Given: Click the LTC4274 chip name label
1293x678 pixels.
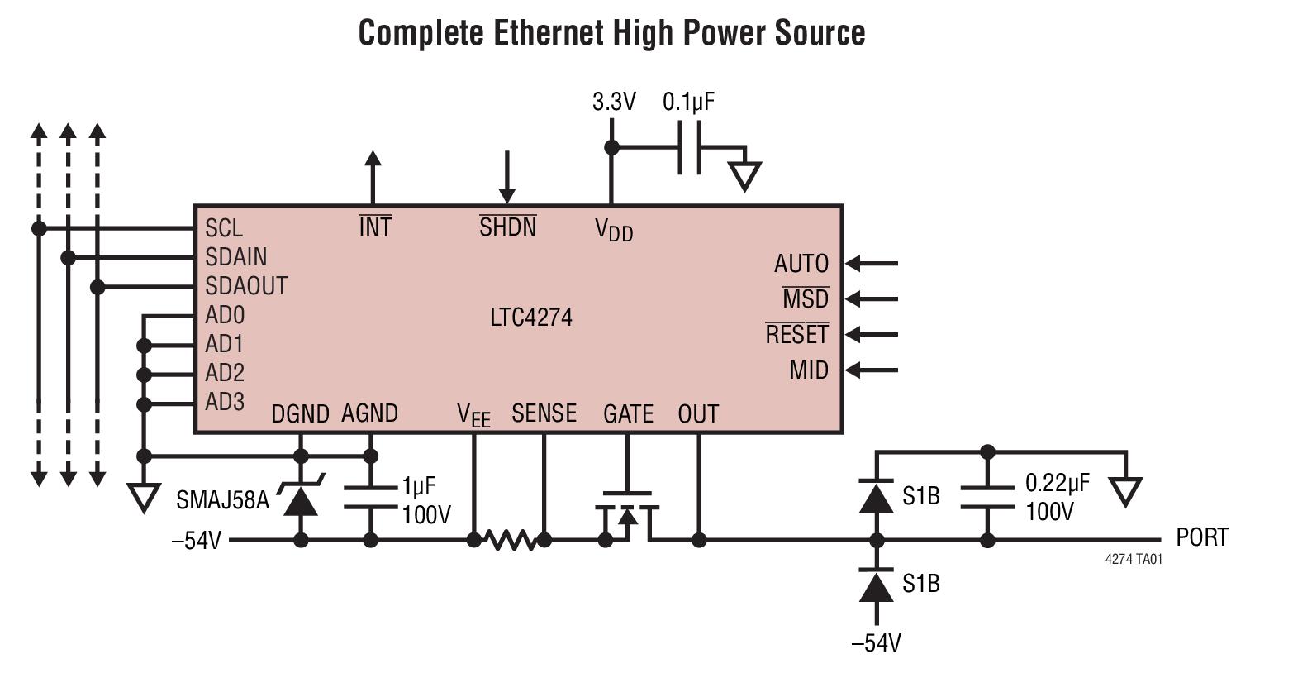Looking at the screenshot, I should click(530, 318).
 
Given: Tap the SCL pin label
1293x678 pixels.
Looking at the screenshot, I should click(224, 228).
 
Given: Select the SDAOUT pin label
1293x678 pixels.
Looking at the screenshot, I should click(246, 286).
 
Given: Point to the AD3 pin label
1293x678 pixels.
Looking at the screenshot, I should click(225, 402).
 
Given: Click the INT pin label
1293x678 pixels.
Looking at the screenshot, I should click(375, 227).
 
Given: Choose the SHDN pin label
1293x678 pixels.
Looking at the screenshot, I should click(507, 227).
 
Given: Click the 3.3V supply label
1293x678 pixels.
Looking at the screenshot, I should click(614, 102).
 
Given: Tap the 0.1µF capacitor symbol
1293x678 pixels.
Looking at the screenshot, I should click(690, 148).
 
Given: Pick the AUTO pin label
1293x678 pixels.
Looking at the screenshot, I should click(801, 264).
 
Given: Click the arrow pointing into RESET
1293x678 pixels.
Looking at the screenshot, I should click(872, 334).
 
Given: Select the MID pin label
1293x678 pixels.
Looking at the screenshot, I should click(808, 370).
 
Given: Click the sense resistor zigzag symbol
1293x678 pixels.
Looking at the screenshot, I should click(509, 541).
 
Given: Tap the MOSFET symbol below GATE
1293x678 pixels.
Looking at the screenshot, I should click(627, 518).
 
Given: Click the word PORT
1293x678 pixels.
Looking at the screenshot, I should click(1201, 537).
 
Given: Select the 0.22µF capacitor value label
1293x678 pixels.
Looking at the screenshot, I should click(1058, 483).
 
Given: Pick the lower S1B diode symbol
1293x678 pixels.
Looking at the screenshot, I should click(877, 585).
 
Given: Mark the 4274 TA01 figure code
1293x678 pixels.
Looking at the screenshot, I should click(1133, 559).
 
